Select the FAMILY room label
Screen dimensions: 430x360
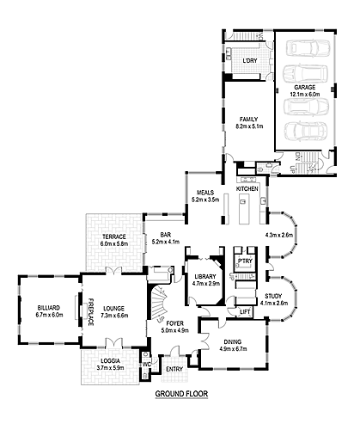click(x=249, y=120)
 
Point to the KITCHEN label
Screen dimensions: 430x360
click(x=247, y=187)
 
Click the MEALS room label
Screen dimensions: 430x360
click(x=204, y=193)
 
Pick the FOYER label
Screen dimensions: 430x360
click(x=177, y=322)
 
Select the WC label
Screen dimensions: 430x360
click(x=146, y=364)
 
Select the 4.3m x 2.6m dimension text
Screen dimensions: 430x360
click(x=280, y=235)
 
